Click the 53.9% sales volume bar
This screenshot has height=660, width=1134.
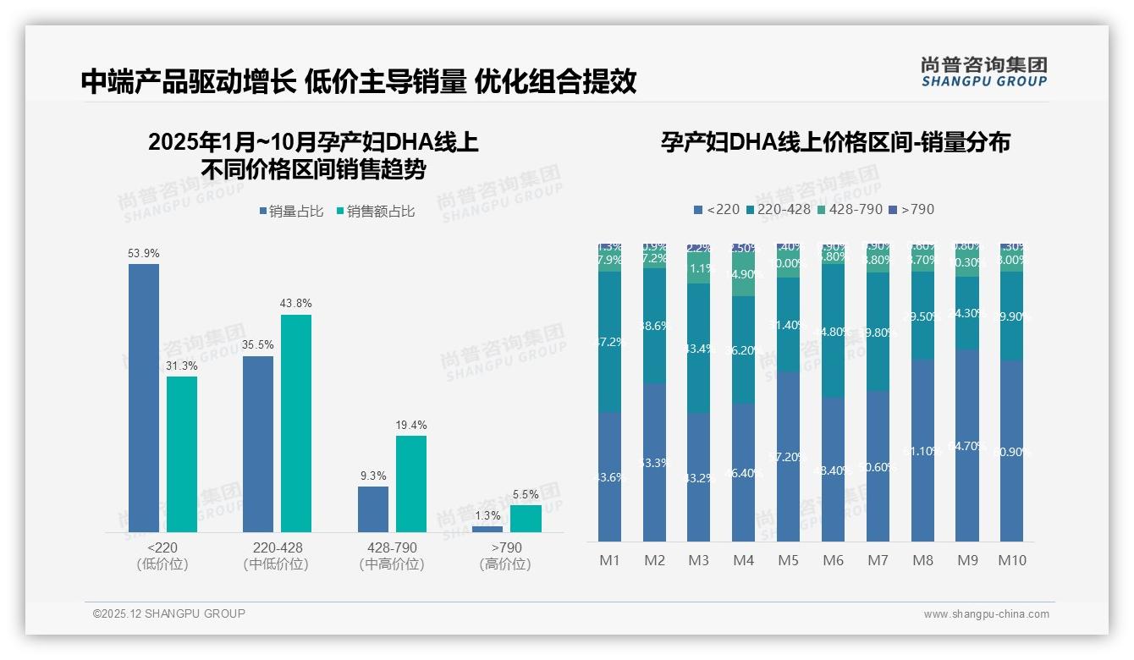[144, 398]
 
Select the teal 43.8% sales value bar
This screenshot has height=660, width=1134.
[296, 423]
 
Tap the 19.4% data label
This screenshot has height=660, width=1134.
[411, 426]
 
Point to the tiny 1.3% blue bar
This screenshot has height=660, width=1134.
[487, 530]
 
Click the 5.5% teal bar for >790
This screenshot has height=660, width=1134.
[526, 519]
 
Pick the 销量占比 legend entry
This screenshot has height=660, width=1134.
[291, 212]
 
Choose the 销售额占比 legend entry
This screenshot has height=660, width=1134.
[376, 212]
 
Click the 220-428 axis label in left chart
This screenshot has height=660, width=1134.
[278, 548]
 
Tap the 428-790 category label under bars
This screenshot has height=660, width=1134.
[392, 548]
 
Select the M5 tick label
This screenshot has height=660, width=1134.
[788, 560]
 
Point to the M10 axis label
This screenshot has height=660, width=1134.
[1012, 560]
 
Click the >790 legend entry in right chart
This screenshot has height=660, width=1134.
[911, 209]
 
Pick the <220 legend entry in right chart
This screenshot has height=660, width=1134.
[716, 209]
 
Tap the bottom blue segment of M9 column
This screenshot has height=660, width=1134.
[967, 446]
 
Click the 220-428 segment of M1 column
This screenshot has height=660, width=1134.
[610, 342]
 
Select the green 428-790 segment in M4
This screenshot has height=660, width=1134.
[744, 274]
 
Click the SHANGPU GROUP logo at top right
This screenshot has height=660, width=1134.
[983, 72]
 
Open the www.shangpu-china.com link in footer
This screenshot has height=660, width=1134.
[986, 614]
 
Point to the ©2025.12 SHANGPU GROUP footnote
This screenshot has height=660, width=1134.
[169, 613]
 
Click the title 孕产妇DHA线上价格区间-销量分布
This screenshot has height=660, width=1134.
[835, 142]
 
